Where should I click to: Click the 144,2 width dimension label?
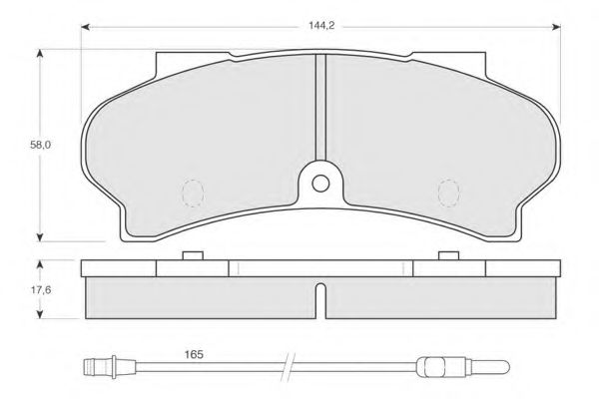(321, 26)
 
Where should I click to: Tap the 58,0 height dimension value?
(41, 145)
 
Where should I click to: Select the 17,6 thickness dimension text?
(41, 290)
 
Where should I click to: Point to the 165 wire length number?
(194, 355)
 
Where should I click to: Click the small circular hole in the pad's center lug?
(320, 184)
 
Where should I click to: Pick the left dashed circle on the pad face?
(193, 194)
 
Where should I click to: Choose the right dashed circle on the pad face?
(449, 194)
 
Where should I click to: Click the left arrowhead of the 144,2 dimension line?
(86, 27)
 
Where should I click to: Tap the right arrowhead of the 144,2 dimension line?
(556, 27)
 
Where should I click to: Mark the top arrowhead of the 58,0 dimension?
(39, 54)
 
